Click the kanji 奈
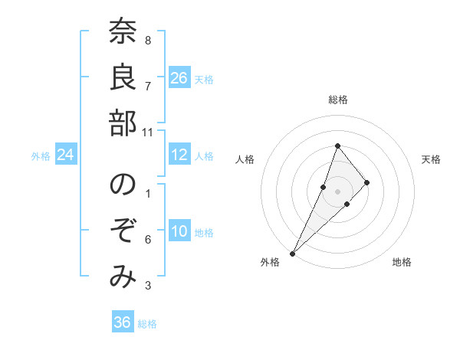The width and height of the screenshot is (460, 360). point(123,31)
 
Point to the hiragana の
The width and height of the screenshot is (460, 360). point(123,186)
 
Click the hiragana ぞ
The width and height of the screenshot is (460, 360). point(123,231)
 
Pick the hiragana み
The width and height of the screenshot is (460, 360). point(123,277)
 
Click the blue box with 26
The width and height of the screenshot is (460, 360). point(179,78)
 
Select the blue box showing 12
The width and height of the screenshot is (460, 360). point(179,155)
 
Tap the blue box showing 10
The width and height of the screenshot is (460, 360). point(179,232)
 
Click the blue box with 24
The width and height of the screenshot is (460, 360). point(66,155)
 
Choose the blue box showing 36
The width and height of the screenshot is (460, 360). point(123,322)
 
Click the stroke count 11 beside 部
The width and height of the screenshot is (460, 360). point(148,133)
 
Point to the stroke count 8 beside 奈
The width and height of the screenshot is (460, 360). point(148,41)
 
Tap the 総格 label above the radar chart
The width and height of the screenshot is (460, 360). point(338,100)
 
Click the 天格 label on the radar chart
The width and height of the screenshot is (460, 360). point(432,159)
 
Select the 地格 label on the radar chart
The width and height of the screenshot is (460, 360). point(402,263)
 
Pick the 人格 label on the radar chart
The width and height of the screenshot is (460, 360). point(245,159)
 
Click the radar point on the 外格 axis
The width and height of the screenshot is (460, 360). point(292,253)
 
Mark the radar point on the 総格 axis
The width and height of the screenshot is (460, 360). point(337,146)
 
